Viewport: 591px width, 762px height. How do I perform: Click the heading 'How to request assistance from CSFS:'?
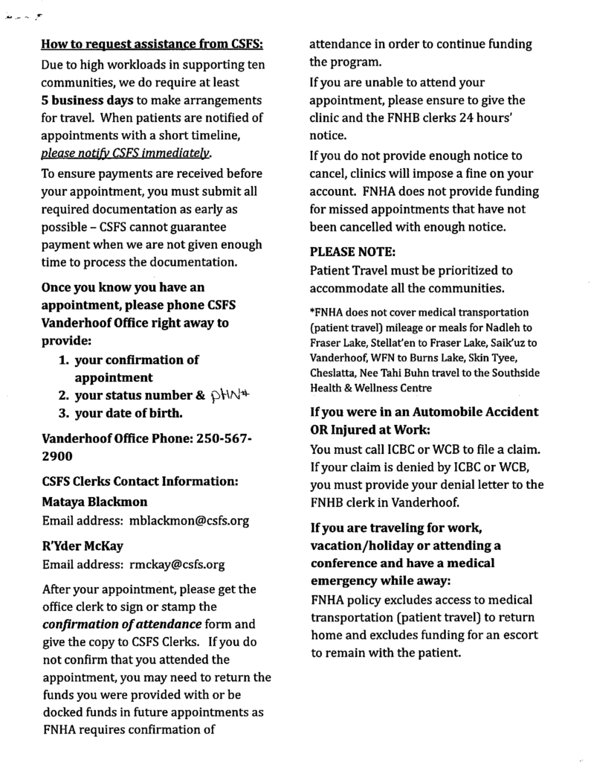[153, 45]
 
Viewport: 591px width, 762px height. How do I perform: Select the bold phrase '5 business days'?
[87, 100]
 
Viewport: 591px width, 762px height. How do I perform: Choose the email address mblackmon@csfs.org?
[189, 520]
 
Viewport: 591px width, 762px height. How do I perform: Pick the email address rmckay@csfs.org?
[177, 563]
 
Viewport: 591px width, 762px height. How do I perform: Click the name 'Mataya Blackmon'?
[94, 501]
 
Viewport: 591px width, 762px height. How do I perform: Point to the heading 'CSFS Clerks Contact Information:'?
[140, 481]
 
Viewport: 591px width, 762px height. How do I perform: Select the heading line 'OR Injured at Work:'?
[369, 429]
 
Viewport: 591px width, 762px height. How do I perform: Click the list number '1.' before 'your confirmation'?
[64, 359]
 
